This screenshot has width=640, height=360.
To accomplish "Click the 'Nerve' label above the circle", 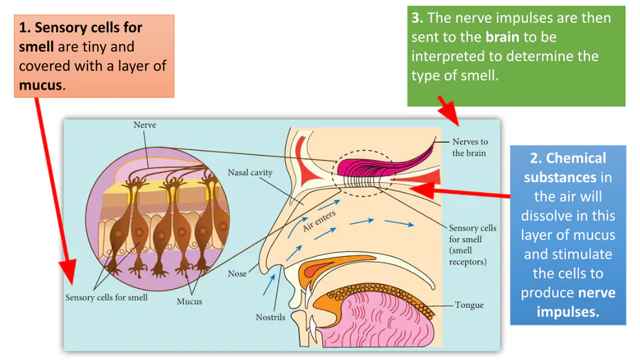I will coord(144,125).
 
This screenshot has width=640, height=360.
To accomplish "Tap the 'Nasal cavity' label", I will coord(250,172).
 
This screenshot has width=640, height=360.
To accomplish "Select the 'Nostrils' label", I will coord(270,317).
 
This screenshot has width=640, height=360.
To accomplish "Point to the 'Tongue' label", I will coord(469,305).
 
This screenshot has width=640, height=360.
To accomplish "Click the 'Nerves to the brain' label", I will coord(470,147).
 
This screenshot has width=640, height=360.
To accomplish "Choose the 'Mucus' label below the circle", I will coord(189,301).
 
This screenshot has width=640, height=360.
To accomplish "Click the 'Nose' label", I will coord(237,273).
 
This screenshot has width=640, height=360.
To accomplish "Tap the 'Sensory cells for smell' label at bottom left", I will coord(107,297).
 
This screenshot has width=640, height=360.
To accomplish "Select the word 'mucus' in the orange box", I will coord(41,85).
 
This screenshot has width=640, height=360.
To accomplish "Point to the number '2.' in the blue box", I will coord(536,158).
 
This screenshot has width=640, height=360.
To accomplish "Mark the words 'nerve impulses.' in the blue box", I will coord(567,302).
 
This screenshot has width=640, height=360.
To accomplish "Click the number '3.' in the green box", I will coord(417,18).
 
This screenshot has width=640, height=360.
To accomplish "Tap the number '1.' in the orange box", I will coord(26,28).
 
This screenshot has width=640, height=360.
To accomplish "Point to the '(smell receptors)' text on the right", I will coord(467,256).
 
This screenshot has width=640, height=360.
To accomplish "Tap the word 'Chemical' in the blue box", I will coord(576,158).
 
